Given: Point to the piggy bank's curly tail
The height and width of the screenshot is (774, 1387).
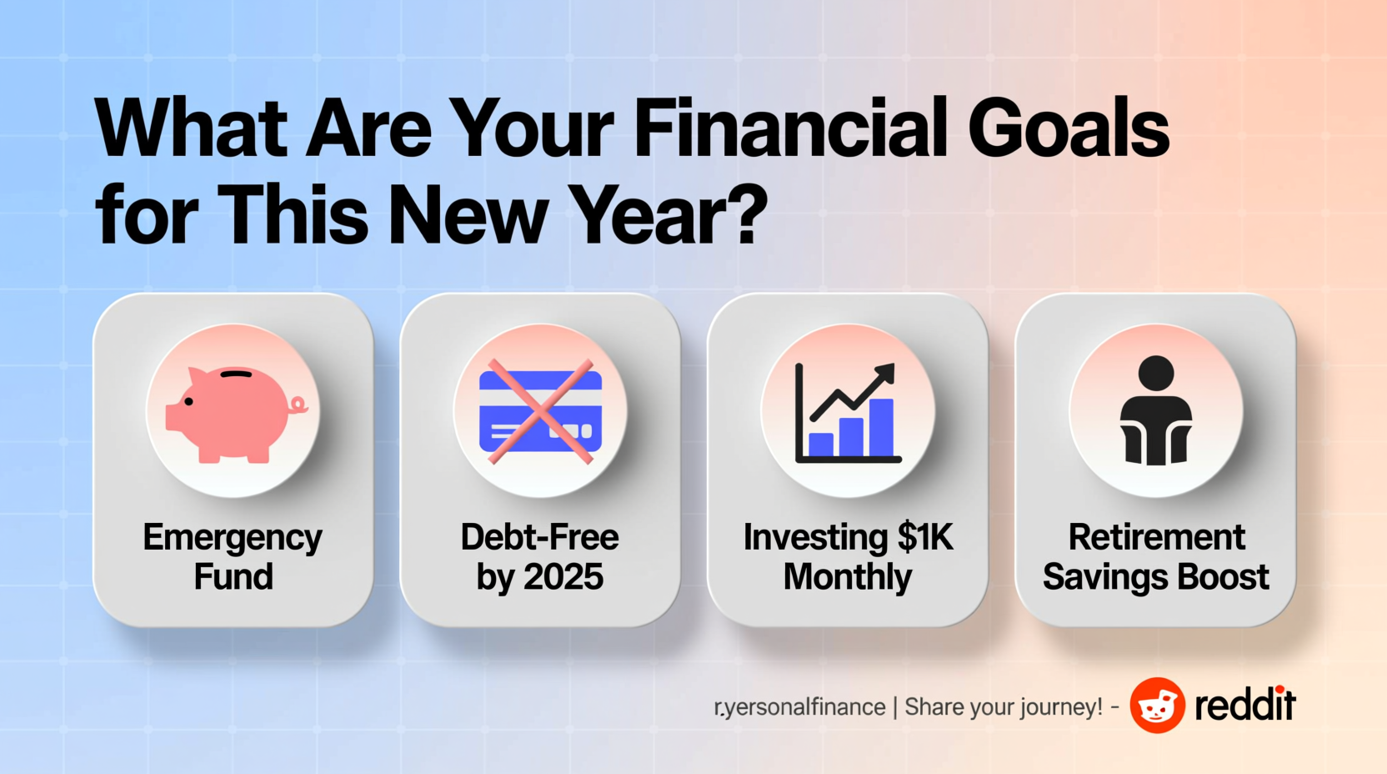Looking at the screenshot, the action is point(299,405).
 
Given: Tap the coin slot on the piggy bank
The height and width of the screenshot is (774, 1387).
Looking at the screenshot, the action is point(236,374).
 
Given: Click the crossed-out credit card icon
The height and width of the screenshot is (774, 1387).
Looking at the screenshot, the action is point(540,411).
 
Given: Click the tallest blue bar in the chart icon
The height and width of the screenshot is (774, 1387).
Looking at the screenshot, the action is point(881,427).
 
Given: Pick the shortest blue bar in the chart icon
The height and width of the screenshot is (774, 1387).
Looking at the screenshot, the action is point(821,445).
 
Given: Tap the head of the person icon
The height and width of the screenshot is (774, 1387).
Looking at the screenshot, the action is point(1156,374).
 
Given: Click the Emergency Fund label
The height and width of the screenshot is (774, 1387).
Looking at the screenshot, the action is point(233,556).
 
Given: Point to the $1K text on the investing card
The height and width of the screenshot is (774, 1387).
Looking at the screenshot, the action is point(926,537).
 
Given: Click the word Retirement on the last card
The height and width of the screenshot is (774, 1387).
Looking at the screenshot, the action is point(1156,536).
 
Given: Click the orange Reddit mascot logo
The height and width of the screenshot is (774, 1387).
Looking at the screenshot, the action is point(1157,706).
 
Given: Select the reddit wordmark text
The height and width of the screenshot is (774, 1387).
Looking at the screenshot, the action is point(1245,705).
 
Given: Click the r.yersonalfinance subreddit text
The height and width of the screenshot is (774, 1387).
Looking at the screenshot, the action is point(799,707).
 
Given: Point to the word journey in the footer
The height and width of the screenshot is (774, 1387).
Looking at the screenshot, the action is point(1036,707).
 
